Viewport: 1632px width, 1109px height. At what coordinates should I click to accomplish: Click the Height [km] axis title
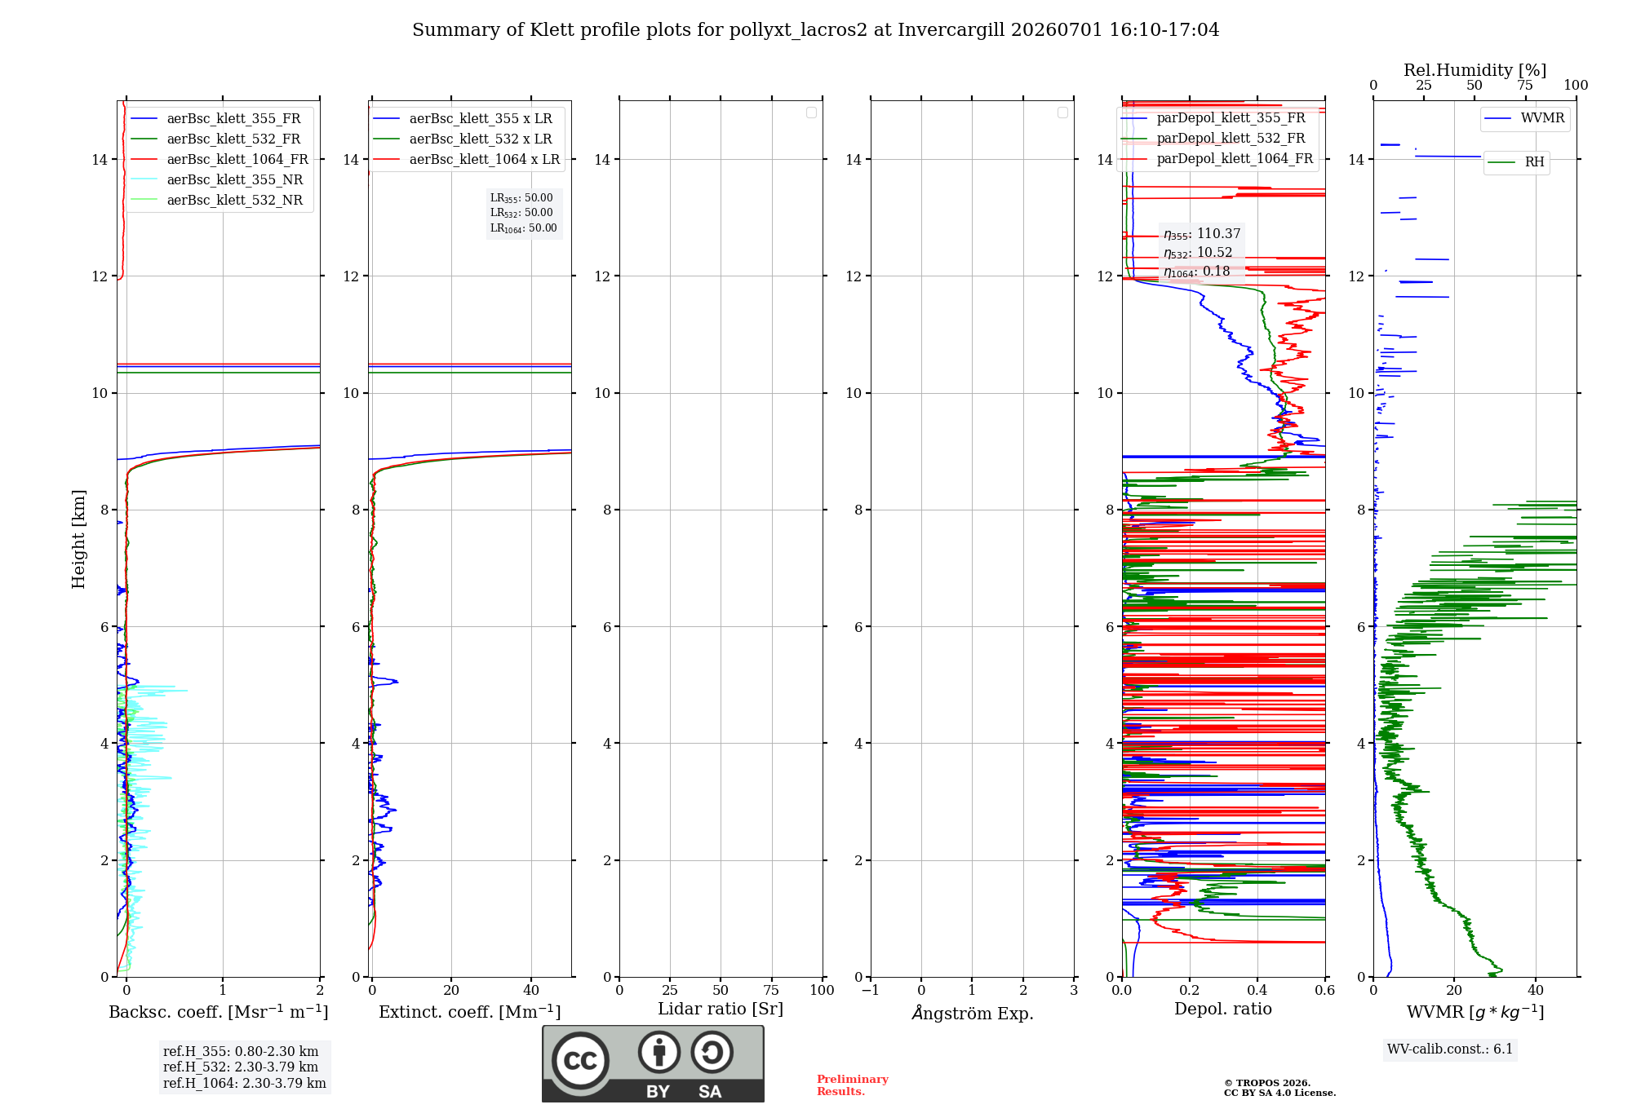78,539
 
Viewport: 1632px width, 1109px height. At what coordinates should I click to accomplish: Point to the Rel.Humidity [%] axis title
1475,70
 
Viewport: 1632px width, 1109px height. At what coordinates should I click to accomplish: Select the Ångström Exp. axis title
973,1013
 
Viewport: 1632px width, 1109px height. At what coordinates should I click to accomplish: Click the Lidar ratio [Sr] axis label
721,1010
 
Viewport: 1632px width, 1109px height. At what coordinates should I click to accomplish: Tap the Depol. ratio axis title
1223,1009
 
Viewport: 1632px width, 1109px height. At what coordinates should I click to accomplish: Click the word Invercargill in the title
951,30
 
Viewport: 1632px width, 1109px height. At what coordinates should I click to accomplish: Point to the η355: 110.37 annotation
1202,234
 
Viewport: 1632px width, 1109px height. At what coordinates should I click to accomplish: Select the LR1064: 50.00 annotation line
523,228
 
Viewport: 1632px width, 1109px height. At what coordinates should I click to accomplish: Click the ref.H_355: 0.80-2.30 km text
241,1051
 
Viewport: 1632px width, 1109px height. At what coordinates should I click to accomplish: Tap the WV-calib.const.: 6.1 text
1450,1049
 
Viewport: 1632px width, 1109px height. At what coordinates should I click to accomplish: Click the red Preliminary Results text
853,1085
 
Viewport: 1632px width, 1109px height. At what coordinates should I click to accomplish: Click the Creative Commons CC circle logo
580,1061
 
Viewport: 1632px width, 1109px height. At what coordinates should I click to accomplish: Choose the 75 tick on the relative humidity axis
1525,86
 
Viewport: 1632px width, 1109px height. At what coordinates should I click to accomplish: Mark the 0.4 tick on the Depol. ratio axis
1257,990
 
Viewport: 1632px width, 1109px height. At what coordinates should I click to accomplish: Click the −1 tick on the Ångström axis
871,990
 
